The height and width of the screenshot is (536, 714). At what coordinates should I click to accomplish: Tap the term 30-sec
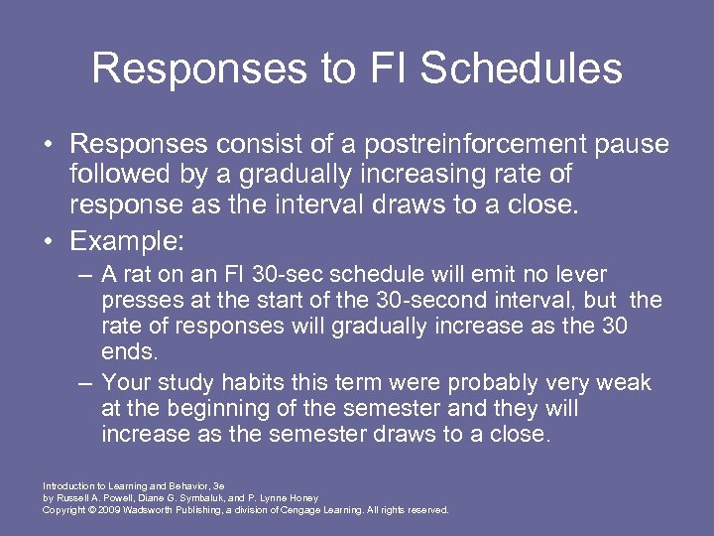click(294, 274)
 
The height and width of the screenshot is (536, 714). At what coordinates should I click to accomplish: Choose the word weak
click(624, 383)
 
